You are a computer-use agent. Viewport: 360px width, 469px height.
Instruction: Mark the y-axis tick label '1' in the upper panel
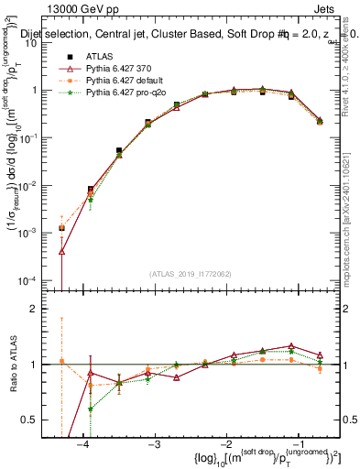[41, 91]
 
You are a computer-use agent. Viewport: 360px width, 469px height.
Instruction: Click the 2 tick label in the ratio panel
[41, 309]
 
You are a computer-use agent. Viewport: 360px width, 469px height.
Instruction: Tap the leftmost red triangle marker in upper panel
[61, 251]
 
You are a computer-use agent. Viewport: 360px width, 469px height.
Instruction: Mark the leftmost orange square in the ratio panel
[61, 361]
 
